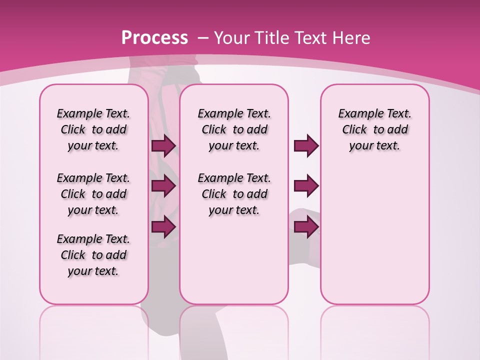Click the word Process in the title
(x=154, y=37)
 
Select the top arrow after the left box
(x=163, y=145)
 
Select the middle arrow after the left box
(x=163, y=186)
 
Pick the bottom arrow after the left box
(x=163, y=226)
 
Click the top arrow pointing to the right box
(x=306, y=145)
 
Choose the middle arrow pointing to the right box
(x=306, y=186)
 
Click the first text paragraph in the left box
(x=93, y=129)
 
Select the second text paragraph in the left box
(x=93, y=194)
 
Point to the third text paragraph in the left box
(x=93, y=255)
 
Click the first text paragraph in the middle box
(x=234, y=129)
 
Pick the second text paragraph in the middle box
(x=234, y=194)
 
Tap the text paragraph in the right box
(x=374, y=129)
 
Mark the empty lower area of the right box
(x=374, y=235)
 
